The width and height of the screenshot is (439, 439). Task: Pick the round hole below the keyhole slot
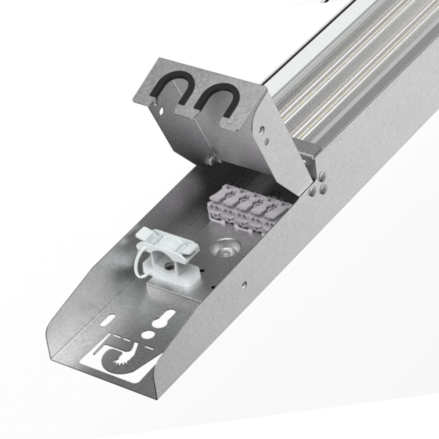[151, 335]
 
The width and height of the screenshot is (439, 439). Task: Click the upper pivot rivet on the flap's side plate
[262, 130]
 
